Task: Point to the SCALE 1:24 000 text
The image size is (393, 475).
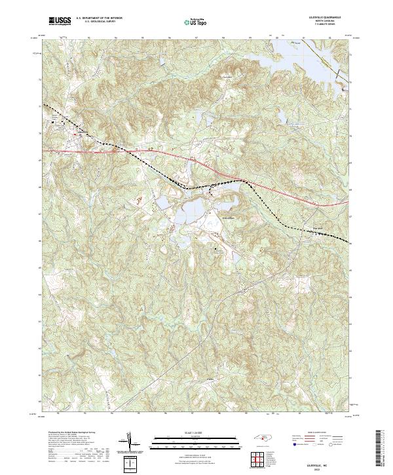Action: pyautogui.click(x=190, y=432)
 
